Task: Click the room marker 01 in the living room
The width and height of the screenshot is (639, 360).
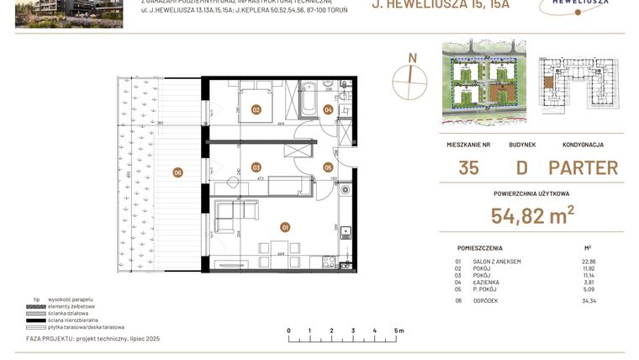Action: [285, 226]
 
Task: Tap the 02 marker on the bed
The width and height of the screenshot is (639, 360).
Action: [256, 109]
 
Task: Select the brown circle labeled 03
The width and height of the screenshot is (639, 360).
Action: [256, 167]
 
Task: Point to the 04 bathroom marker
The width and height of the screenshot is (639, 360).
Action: [328, 109]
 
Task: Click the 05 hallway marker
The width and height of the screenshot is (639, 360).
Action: [328, 167]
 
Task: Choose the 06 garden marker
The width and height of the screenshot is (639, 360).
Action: [177, 172]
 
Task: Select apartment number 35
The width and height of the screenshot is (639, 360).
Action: [468, 167]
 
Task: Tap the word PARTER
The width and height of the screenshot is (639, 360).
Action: [583, 167]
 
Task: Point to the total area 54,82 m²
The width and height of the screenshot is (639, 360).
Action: [532, 216]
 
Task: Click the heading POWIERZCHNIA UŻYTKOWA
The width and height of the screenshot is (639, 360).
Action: [531, 193]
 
